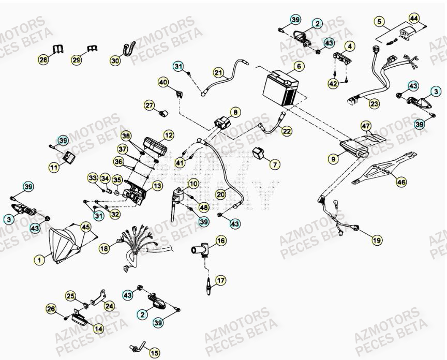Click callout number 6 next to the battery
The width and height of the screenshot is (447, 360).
tap(298, 66)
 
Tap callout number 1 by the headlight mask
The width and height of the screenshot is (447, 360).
tap(39, 258)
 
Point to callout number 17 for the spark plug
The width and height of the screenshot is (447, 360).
tap(221, 281)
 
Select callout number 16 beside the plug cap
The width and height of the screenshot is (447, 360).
tap(221, 241)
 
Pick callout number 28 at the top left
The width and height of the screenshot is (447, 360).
tap(43, 61)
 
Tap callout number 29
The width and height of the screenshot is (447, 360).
tap(77, 61)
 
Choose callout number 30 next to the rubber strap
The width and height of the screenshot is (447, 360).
tap(115, 61)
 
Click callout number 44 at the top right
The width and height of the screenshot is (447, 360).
tap(414, 18)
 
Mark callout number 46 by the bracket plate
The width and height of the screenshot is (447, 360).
tap(401, 182)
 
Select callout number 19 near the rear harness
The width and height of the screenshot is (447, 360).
tap(376, 239)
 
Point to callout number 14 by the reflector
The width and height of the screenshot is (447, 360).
tap(98, 328)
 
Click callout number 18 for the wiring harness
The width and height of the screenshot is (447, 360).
tap(105, 248)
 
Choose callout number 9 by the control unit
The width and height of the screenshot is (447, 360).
tap(334, 159)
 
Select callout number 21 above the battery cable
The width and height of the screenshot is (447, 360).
tap(218, 72)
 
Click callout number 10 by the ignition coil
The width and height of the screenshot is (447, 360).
tap(193, 184)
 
